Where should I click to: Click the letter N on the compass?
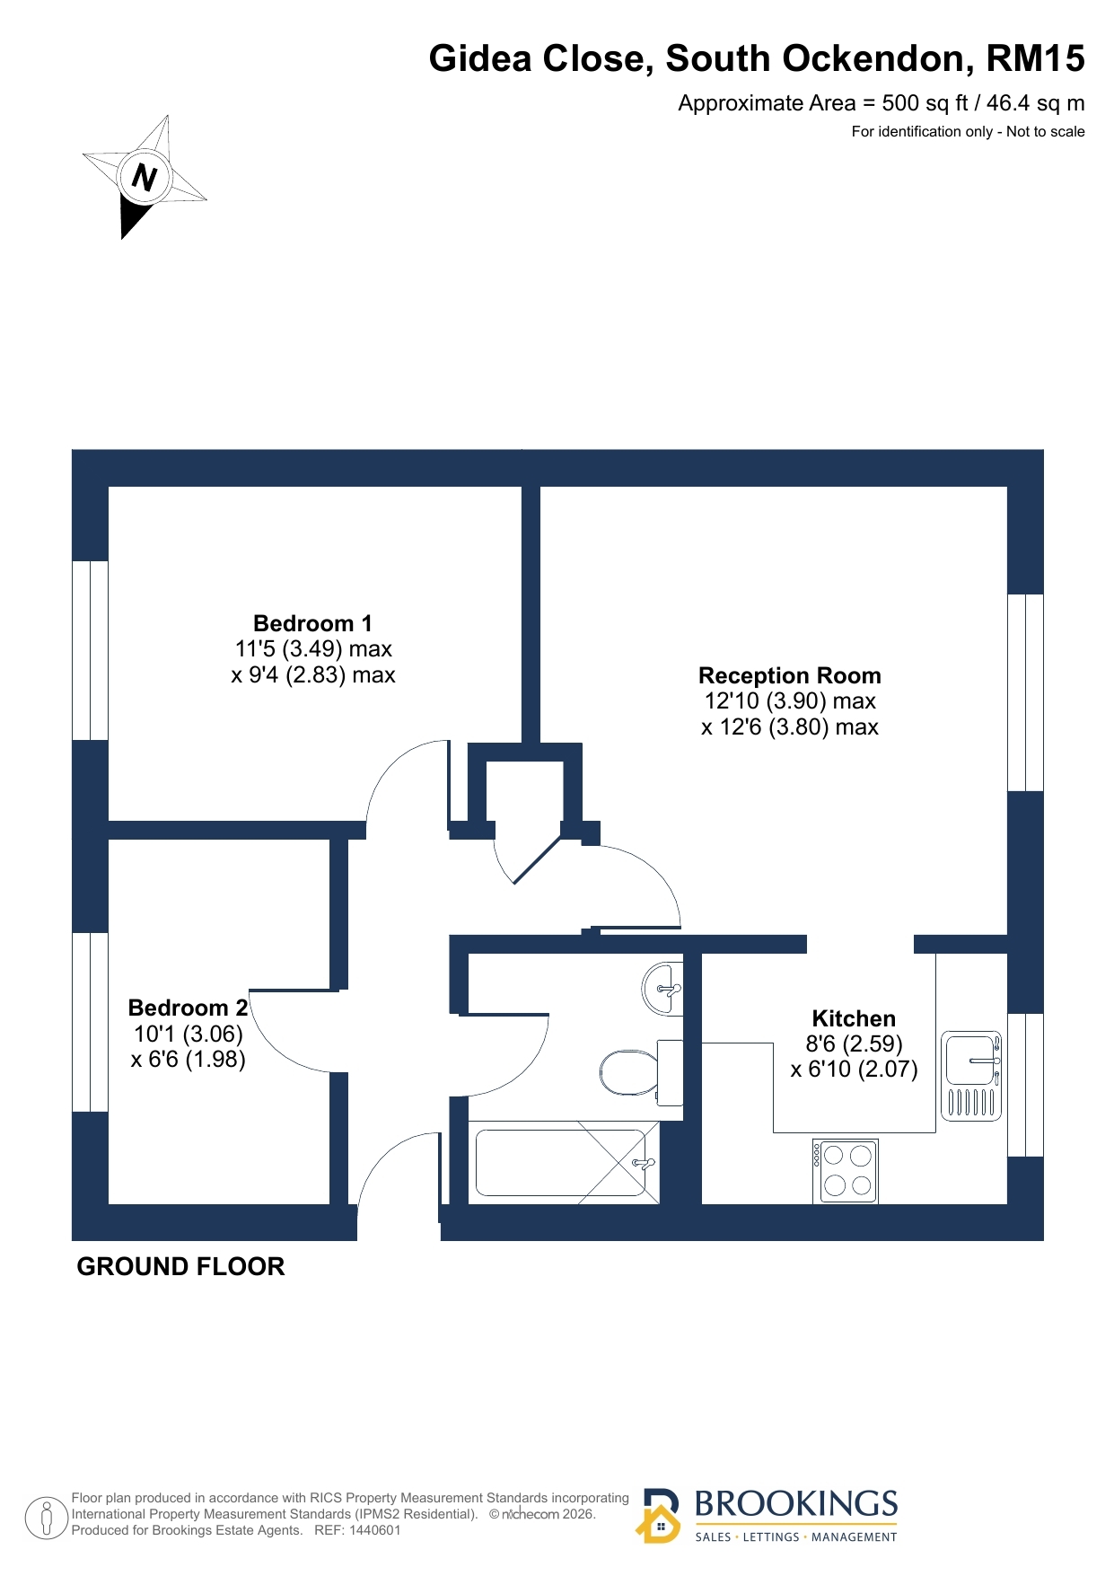pyautogui.click(x=145, y=176)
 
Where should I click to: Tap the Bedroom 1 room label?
pyautogui.click(x=312, y=623)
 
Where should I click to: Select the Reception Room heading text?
pyautogui.click(x=790, y=675)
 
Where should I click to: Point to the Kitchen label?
pyautogui.click(x=854, y=1018)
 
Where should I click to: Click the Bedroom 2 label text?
pyautogui.click(x=188, y=1008)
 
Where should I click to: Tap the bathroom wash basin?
pyautogui.click(x=662, y=989)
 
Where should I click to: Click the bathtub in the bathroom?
pyautogui.click(x=564, y=1162)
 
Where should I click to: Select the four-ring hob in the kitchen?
pyautogui.click(x=846, y=1171)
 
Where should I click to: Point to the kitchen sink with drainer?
pyautogui.click(x=971, y=1076)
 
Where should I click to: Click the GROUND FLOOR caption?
pyautogui.click(x=180, y=1266)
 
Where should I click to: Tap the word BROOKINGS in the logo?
pyautogui.click(x=796, y=1503)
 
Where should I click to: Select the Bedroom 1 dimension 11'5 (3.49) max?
pyautogui.click(x=313, y=649)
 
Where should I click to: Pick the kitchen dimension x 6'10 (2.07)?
pyautogui.click(x=854, y=1070)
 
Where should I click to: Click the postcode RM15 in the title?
pyautogui.click(x=1035, y=58)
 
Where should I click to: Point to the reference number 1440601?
pyautogui.click(x=374, y=1530)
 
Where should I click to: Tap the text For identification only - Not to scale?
pyautogui.click(x=968, y=131)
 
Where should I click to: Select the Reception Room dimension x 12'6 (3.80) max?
pyautogui.click(x=790, y=727)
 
